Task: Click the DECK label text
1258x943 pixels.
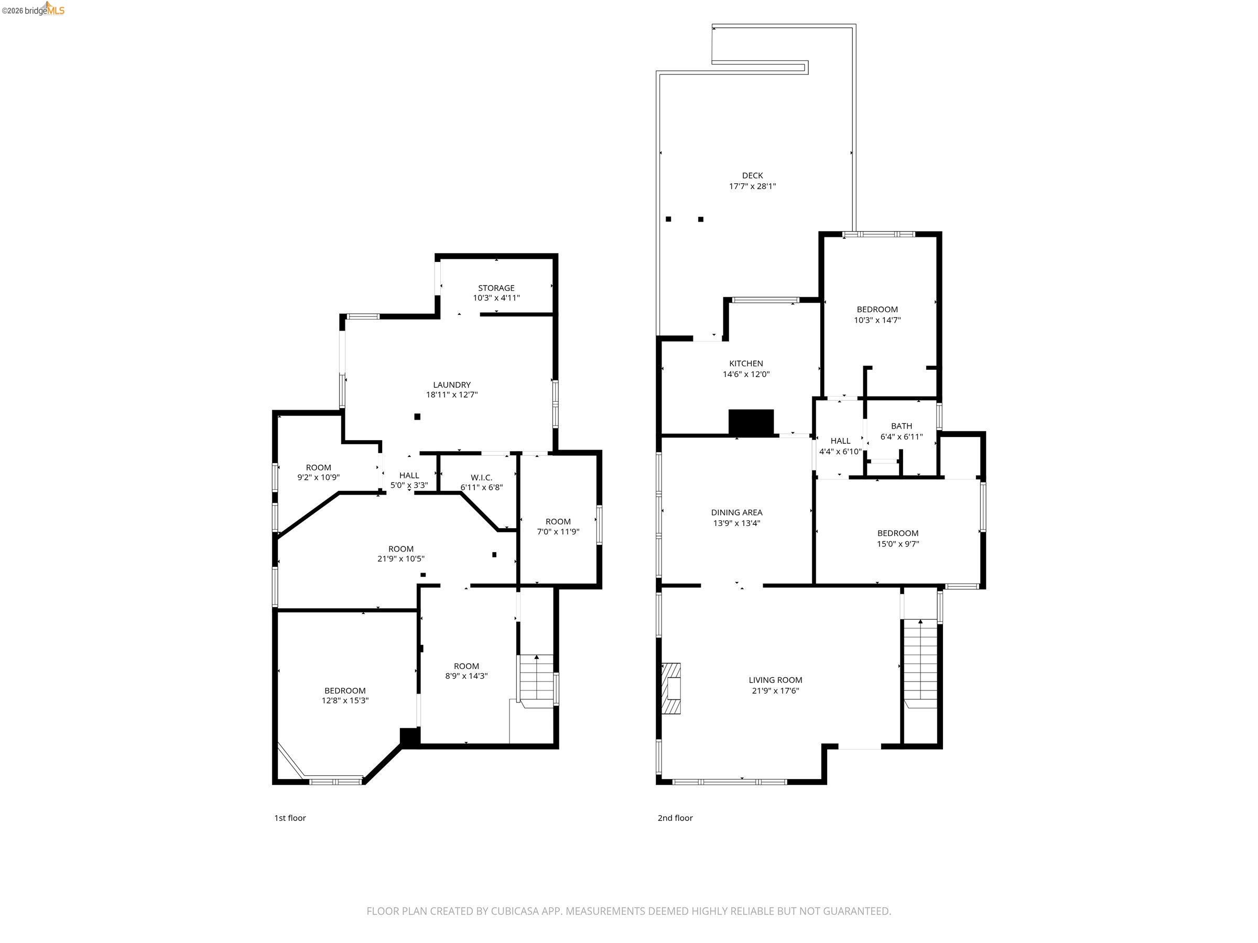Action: click(x=752, y=176)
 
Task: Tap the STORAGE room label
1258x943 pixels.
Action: click(x=496, y=288)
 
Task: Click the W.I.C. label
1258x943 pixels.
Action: click(x=481, y=477)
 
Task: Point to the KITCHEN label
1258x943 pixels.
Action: click(x=745, y=363)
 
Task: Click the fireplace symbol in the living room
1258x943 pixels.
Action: click(x=671, y=688)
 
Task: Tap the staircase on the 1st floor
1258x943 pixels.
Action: click(x=536, y=680)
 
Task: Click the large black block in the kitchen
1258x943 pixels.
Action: click(x=751, y=422)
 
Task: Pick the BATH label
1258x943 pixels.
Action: click(x=901, y=426)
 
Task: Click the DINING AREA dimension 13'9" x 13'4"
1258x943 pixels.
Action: click(x=736, y=523)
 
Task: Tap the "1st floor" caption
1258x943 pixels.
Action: click(x=290, y=818)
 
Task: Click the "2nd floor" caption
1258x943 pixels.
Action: click(x=675, y=818)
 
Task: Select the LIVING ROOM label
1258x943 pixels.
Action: click(x=775, y=680)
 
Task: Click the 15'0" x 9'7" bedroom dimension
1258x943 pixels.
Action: click(x=897, y=543)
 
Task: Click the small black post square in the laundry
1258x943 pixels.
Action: click(x=417, y=416)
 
